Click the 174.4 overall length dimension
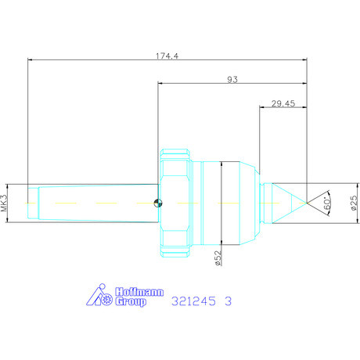(x=167, y=56)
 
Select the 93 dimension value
(x=232, y=79)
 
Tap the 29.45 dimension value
(x=283, y=103)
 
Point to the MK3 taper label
(x=5, y=203)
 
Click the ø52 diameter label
(x=218, y=257)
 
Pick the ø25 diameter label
(x=354, y=203)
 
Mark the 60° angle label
(x=327, y=203)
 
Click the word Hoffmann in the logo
(x=139, y=292)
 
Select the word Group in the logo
(x=131, y=301)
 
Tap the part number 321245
(x=193, y=301)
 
